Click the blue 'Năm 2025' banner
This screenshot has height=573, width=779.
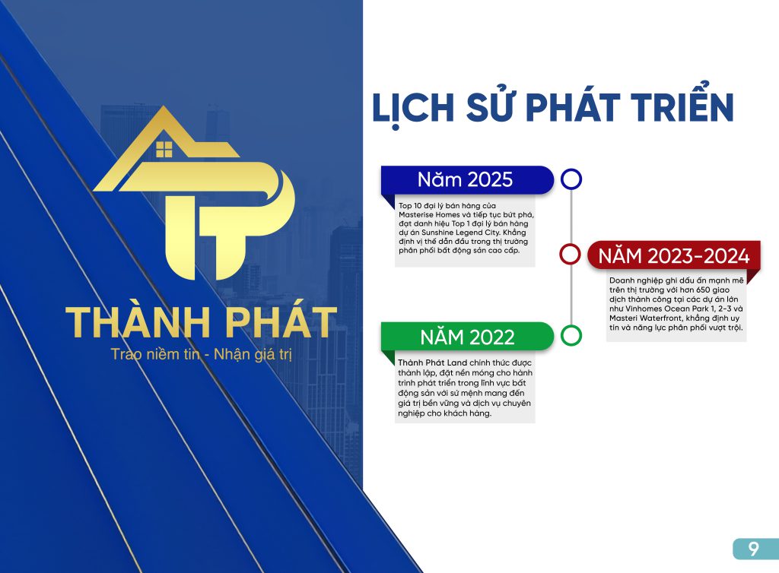pos(467,179)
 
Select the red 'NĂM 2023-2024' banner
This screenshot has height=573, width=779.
pos(674,255)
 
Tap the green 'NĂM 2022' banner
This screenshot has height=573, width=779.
pos(467,337)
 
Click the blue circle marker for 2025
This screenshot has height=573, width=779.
pos(571,179)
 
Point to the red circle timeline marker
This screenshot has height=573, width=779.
pos(570,254)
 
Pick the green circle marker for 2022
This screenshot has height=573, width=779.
pos(571,335)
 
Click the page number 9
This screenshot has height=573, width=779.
pos(754,549)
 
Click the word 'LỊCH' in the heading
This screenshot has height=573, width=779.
pos(413,108)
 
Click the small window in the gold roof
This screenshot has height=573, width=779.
pos(164,149)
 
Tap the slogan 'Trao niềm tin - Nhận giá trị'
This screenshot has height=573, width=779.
pos(201,354)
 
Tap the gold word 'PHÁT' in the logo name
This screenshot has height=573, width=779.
pos(281,321)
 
